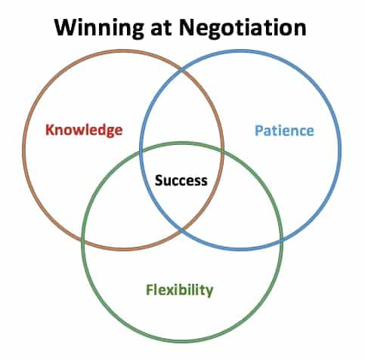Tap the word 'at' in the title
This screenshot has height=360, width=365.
(x=161, y=27)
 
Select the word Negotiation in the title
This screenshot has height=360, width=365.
(x=243, y=27)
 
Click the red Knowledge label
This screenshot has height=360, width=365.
(x=84, y=130)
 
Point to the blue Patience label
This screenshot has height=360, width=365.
(x=284, y=131)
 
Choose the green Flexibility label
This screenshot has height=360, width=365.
(x=180, y=290)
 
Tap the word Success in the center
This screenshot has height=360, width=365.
(x=181, y=180)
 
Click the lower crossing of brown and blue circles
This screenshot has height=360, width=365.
(x=181, y=229)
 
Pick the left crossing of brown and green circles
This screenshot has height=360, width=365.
(x=83, y=239)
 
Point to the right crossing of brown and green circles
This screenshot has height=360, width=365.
(x=222, y=151)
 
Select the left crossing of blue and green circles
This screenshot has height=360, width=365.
(x=141, y=152)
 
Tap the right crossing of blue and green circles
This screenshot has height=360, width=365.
(x=280, y=240)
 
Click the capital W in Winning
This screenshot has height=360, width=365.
(x=66, y=27)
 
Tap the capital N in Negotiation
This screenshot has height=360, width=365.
(x=187, y=27)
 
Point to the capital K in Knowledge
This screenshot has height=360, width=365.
(x=50, y=129)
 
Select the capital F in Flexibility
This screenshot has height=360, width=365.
(x=150, y=289)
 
